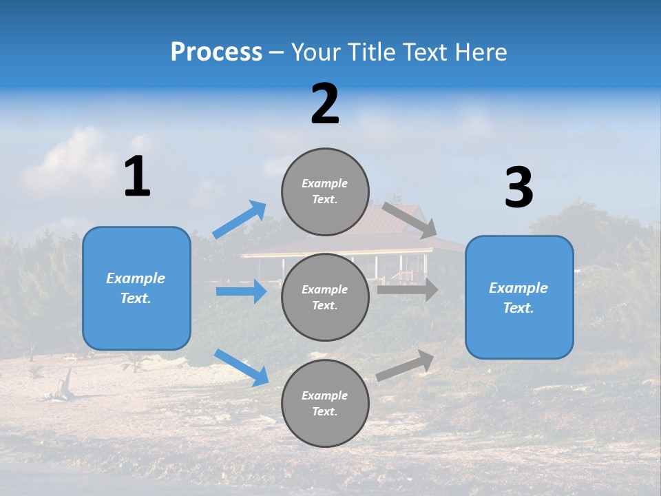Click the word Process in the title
pos(216,52)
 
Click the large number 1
pos(137,176)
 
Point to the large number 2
pos(325,104)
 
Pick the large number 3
pos(518,187)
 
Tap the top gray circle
pos(325,192)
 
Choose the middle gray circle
pos(325,297)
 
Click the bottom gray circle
pos(325,403)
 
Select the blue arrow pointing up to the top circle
pos(240,219)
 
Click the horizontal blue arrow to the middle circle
pos(241,291)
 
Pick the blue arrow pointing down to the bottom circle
pos(241,367)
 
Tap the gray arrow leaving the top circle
pos(410,220)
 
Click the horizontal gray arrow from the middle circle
pos(407,290)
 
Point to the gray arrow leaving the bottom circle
pos(406,365)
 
